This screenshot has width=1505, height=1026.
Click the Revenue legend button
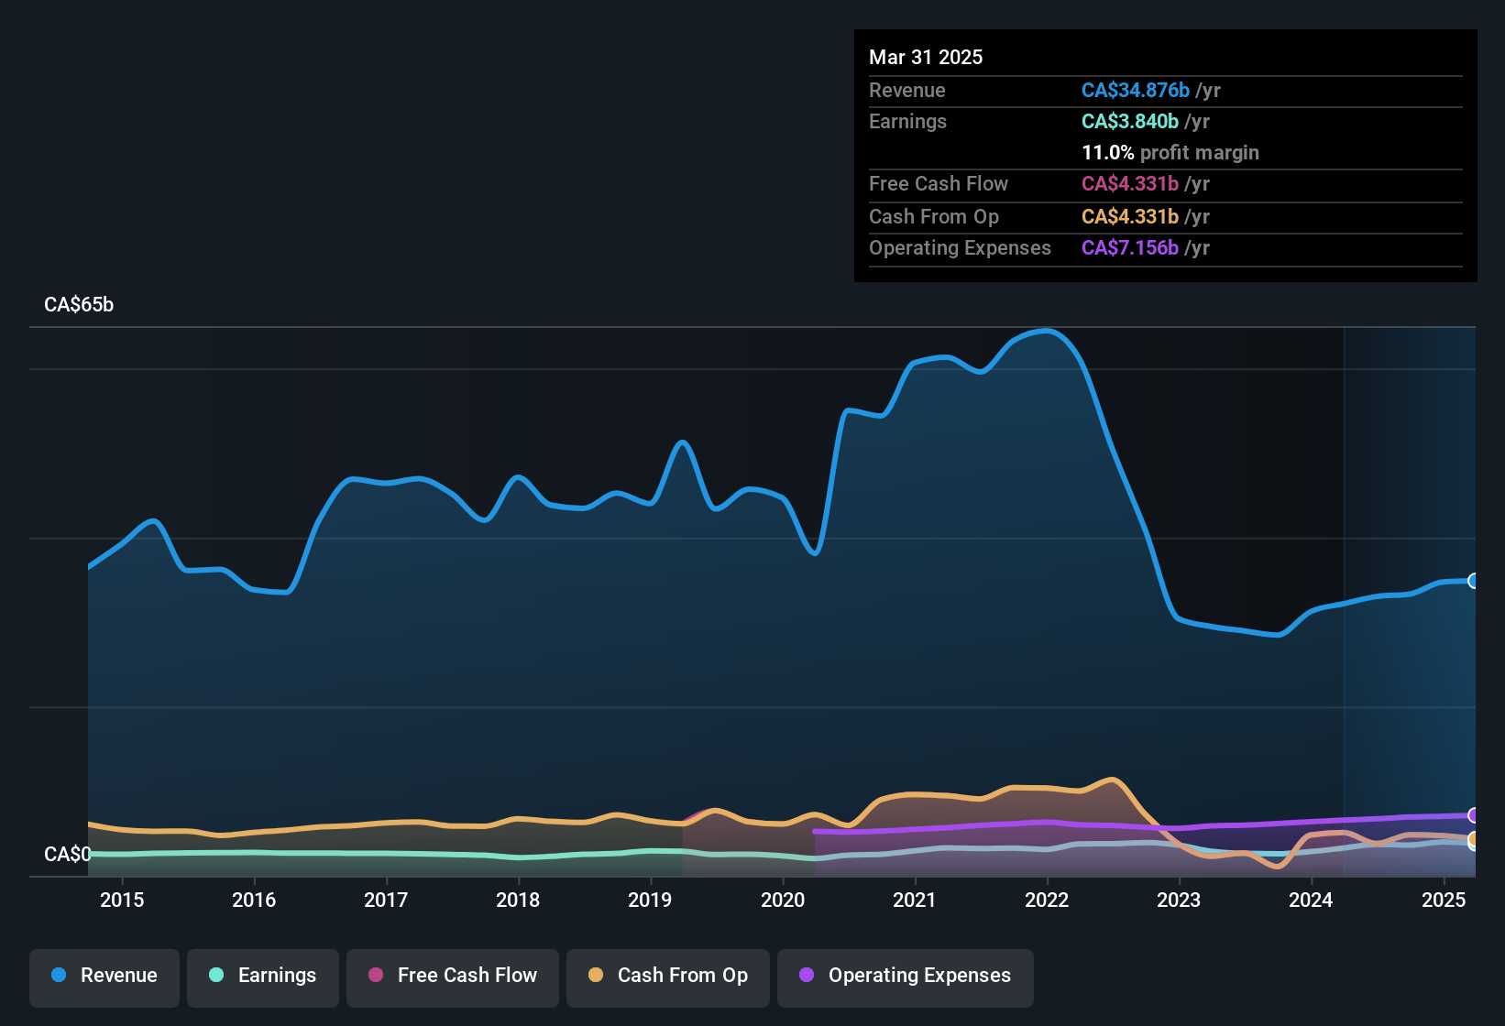tap(104, 977)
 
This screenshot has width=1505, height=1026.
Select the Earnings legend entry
tap(263, 977)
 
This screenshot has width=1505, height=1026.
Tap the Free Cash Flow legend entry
tap(453, 977)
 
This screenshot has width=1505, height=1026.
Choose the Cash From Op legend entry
tap(668, 977)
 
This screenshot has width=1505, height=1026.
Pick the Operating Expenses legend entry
tap(906, 977)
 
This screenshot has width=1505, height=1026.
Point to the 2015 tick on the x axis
tap(122, 900)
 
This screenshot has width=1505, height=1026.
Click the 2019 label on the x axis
tap(650, 900)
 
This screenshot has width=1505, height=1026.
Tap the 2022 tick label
tap(1047, 900)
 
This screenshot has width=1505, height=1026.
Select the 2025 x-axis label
tap(1444, 900)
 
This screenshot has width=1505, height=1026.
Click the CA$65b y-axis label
tap(79, 305)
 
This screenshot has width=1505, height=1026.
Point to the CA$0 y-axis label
tap(68, 855)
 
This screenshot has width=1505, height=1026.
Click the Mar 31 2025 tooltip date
tap(926, 58)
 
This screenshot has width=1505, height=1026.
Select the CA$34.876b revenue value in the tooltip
tap(1135, 91)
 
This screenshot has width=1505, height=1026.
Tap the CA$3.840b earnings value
tap(1129, 122)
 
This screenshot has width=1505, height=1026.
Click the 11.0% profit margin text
tap(1170, 153)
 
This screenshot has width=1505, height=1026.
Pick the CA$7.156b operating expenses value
tap(1129, 248)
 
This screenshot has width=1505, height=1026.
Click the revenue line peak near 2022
tap(1046, 331)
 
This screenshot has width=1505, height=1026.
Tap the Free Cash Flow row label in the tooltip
tap(938, 184)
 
